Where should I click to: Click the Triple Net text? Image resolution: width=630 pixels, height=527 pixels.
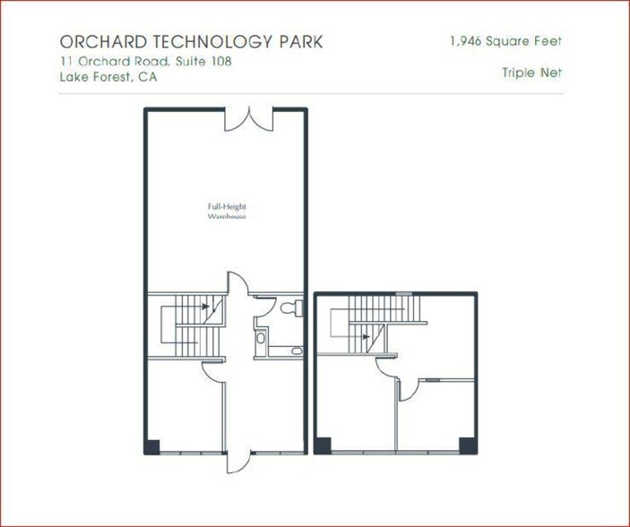click(532, 73)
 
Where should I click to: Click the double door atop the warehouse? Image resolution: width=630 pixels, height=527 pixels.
click(247, 118)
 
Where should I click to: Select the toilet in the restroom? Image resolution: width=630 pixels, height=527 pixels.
click(289, 307)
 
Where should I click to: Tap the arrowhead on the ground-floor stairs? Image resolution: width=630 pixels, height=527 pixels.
click(206, 306)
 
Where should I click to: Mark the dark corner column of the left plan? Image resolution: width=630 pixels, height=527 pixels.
click(152, 445)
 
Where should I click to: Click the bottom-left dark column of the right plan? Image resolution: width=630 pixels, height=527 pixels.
click(322, 445)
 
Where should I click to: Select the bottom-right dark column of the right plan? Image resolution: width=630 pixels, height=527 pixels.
click(466, 445)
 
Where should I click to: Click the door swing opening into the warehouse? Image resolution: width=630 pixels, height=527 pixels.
click(235, 281)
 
